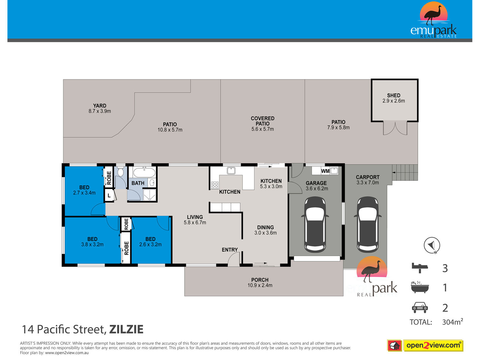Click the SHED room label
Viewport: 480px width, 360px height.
tap(393, 95)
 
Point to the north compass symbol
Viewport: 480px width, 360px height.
tap(432, 245)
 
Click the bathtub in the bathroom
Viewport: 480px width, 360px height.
tap(144, 172)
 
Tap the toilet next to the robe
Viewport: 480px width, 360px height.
tap(121, 172)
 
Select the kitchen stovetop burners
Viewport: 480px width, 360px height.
tap(215, 185)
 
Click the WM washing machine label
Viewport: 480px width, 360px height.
tap(325, 171)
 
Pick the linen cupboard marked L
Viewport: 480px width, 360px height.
tap(109, 195)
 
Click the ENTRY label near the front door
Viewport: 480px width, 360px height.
tap(230, 250)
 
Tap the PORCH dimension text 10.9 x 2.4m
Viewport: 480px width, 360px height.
tap(260, 285)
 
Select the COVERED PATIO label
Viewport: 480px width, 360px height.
tap(262, 121)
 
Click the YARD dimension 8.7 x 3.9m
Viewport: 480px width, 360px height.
tap(100, 111)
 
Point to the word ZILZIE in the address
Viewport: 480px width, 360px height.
tap(126, 329)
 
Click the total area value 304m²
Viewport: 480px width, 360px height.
tap(452, 322)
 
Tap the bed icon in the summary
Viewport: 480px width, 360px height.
tap(420, 268)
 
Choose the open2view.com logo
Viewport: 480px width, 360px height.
tap(433, 345)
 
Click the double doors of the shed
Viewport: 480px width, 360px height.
tap(395, 128)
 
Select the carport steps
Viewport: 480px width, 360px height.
tap(405, 172)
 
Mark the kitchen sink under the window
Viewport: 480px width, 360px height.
tap(231, 171)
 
